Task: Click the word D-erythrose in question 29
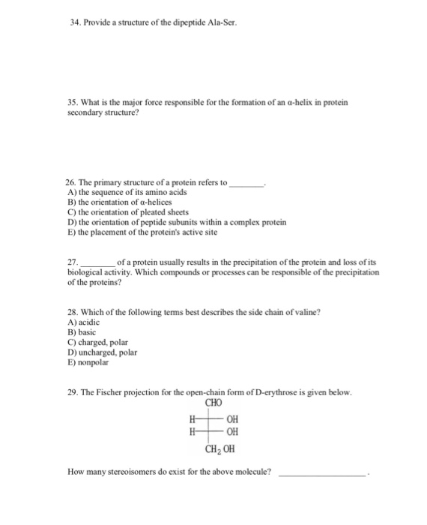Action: click(273, 393)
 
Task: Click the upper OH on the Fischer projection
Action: click(234, 420)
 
